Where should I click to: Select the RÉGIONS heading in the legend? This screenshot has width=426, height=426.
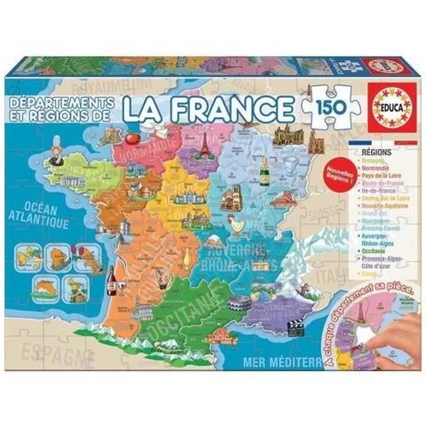tap(380, 154)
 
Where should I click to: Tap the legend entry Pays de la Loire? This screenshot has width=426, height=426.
tap(386, 179)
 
